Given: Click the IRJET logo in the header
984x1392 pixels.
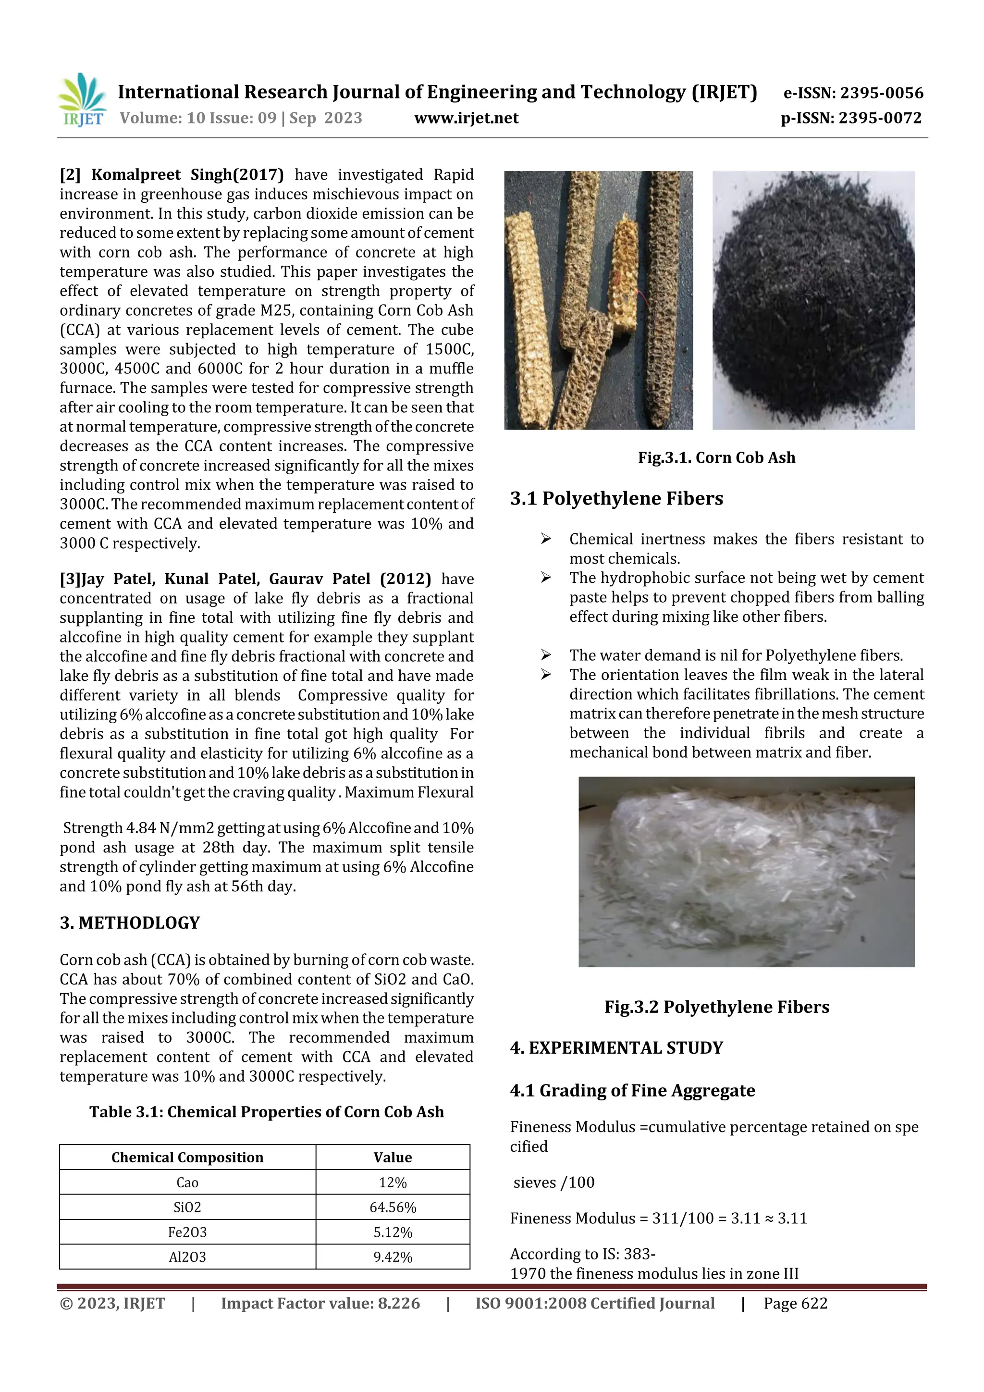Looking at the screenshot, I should (82, 99).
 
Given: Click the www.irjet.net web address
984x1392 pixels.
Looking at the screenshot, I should (466, 118).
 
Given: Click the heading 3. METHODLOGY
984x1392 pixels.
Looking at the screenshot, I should (130, 923).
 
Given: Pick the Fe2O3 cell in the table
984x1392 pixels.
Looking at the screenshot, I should (187, 1232).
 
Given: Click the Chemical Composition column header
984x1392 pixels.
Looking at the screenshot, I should (187, 1158).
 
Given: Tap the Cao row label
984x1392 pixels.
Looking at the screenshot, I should (187, 1182).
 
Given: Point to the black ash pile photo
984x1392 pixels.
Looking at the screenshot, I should (813, 300).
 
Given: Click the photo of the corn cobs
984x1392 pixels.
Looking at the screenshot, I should (598, 300).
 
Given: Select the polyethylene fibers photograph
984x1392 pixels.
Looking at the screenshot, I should (746, 872).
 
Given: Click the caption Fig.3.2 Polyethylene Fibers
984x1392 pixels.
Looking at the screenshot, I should (717, 1007).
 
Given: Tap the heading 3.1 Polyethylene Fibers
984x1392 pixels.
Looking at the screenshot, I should (616, 498).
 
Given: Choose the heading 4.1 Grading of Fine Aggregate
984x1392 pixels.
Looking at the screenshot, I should (632, 1091).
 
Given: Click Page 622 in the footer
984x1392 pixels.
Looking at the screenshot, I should (796, 1304).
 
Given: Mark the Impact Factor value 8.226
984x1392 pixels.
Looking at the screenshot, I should (320, 1304).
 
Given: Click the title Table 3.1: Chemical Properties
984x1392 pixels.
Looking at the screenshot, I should (267, 1112).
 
